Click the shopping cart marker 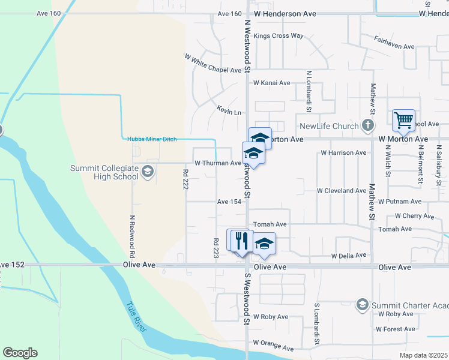404,120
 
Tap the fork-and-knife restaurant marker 241,241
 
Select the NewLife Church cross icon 369,126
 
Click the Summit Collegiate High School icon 147,173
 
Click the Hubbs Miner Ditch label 152,139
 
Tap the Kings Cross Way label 279,36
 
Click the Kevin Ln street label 229,112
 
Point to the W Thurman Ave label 217,163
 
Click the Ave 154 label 229,202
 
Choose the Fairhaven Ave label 394,46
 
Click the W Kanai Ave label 271,83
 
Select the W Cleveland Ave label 342,191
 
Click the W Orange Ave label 273,346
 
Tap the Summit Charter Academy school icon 362,305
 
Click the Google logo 20,353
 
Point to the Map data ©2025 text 423,355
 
